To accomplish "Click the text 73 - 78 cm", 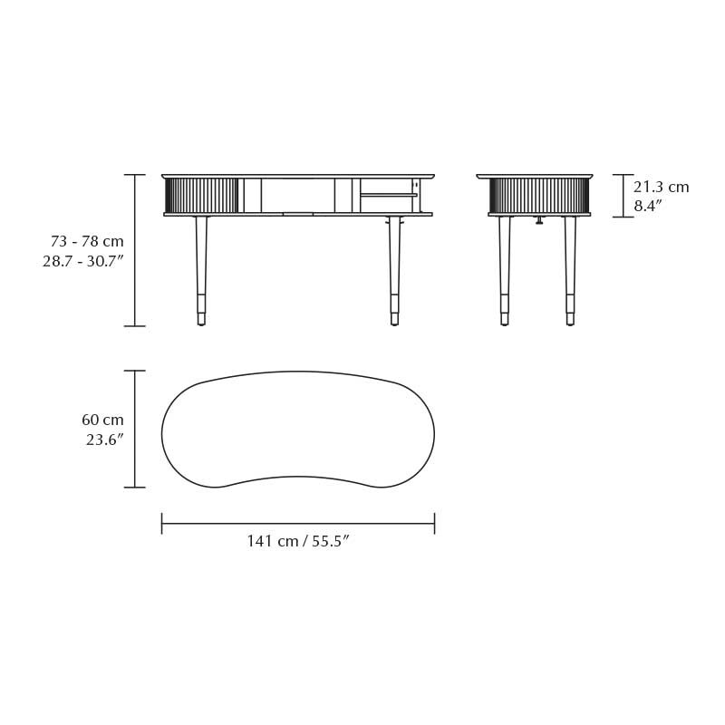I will point(87,242).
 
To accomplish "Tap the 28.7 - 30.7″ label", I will point(83,261).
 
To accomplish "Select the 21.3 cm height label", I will point(661,188).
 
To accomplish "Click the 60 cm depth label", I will point(102,420).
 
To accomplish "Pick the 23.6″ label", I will point(104,440).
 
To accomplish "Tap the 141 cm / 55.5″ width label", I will point(298,542).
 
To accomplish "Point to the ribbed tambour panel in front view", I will point(201,196).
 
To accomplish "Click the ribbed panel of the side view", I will point(539,196).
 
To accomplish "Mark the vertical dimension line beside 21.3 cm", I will point(623,196).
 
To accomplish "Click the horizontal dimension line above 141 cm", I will point(297,524).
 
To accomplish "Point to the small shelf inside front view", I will point(388,195).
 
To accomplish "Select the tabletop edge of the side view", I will point(535,176).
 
